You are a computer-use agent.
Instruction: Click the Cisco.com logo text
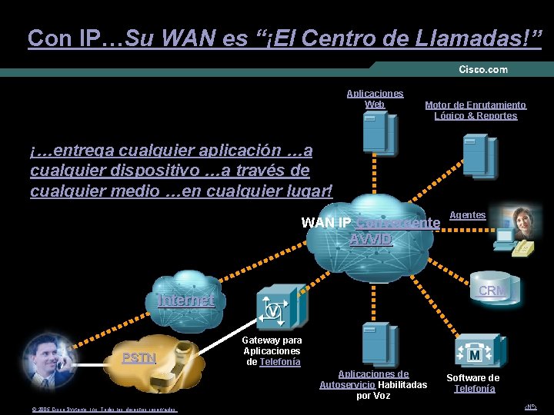[483, 69]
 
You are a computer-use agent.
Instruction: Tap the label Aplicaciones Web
[375, 98]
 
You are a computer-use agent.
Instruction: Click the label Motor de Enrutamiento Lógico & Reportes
[476, 110]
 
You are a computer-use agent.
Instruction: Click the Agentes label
[467, 215]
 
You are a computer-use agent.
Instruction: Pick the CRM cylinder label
[492, 290]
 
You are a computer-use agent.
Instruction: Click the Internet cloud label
[185, 300]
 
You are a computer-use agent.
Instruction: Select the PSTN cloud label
[139, 357]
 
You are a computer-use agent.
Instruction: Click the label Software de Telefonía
[473, 383]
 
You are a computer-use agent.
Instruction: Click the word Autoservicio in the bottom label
[348, 384]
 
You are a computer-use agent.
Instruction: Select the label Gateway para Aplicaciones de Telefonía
[272, 351]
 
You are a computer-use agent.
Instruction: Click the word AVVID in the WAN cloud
[370, 239]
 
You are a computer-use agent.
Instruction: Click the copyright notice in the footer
[104, 410]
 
